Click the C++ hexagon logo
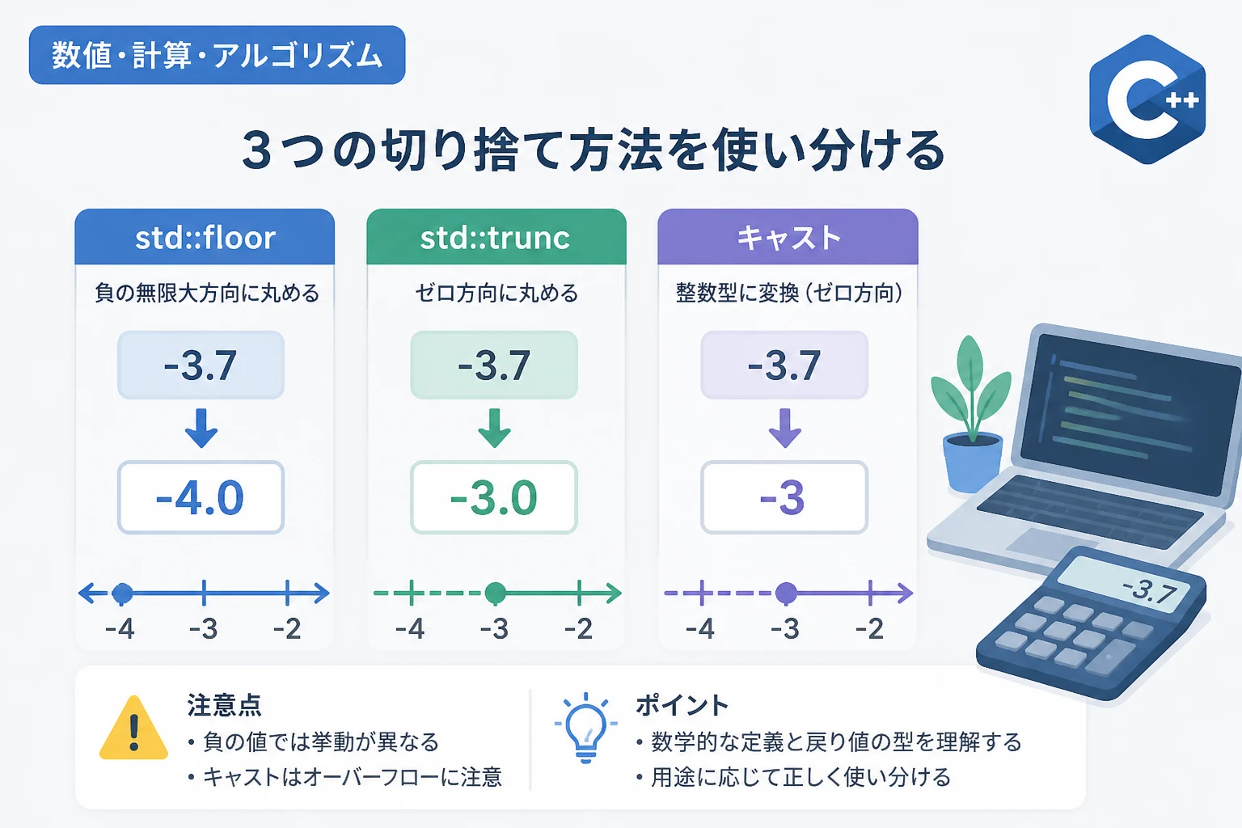point(1147,99)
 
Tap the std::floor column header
point(205,237)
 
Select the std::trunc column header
point(496,237)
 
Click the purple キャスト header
point(788,237)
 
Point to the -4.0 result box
point(201,497)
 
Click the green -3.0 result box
point(494,497)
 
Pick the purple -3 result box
point(784,497)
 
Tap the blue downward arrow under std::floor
point(201,428)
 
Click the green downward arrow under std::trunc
point(494,428)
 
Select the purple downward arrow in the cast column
point(784,428)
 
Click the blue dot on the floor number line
point(122,594)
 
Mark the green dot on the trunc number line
point(495,594)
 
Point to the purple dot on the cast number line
point(786,594)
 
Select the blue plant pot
point(973,463)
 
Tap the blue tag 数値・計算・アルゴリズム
point(218,55)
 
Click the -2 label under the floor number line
point(287,629)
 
